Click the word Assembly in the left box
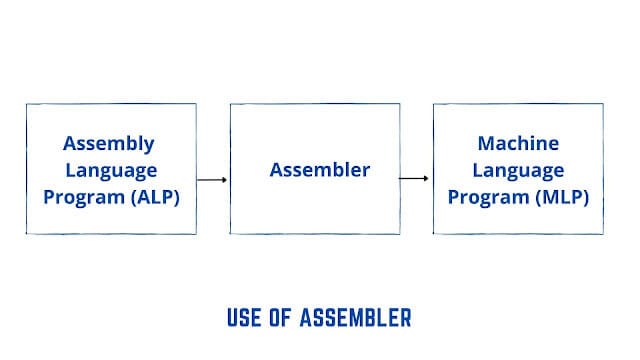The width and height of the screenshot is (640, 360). pyautogui.click(x=110, y=143)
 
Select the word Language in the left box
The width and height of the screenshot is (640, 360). pyautogui.click(x=110, y=170)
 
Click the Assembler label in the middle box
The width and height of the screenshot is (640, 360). pyautogui.click(x=319, y=170)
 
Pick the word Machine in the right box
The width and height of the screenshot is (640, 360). pyautogui.click(x=518, y=143)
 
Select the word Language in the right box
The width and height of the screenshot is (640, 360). pyautogui.click(x=518, y=170)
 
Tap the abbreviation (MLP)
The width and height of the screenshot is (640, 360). pyautogui.click(x=557, y=197)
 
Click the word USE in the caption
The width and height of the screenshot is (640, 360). pyautogui.click(x=245, y=319)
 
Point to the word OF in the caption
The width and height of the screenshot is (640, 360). pyautogui.click(x=282, y=319)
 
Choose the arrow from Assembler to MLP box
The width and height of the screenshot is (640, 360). pyautogui.click(x=415, y=180)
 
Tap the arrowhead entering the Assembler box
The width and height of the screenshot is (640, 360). pyautogui.click(x=225, y=180)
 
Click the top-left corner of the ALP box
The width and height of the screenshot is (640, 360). pyautogui.click(x=27, y=104)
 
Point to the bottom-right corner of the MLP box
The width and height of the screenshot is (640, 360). pyautogui.click(x=603, y=234)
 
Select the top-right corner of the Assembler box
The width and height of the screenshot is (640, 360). pyautogui.click(x=399, y=104)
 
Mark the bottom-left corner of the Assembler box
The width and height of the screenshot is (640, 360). pyautogui.click(x=231, y=234)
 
